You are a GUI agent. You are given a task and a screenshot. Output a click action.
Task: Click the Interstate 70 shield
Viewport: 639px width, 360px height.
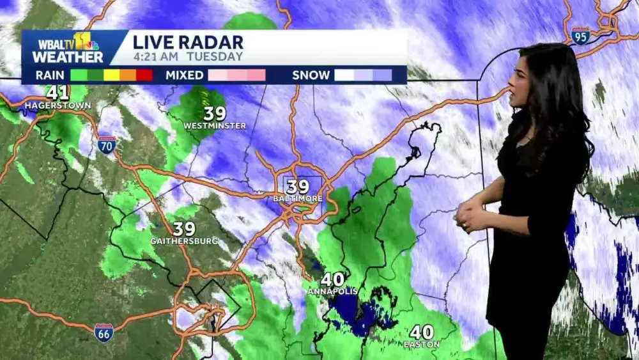click(107, 145)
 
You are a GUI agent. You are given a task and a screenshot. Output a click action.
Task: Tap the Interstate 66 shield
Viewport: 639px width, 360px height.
click(104, 333)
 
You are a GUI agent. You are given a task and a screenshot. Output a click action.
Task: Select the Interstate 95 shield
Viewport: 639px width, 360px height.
click(581, 35)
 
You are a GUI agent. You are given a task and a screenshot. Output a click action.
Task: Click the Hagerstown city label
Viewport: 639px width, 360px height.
click(58, 105)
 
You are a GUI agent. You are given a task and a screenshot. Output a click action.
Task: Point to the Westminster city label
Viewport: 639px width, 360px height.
click(215, 126)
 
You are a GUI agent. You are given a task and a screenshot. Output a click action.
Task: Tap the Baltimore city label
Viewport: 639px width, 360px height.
click(298, 199)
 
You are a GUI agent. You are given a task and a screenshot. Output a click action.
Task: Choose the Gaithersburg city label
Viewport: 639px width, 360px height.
click(184, 241)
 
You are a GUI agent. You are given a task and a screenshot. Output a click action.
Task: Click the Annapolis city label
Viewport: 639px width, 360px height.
click(332, 292)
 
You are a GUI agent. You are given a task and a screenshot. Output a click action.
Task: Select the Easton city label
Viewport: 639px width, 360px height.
click(422, 345)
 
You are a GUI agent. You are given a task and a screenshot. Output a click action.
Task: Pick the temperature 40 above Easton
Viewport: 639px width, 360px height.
click(422, 333)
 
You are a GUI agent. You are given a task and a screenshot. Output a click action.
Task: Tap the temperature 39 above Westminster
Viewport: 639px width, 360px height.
click(215, 114)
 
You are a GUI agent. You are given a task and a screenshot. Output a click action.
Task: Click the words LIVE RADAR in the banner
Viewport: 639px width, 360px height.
click(188, 42)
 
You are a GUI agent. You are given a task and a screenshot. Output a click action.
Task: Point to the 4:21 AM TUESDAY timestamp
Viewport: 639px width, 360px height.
click(188, 56)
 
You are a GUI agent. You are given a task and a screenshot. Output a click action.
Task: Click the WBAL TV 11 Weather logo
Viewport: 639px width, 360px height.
click(70, 49)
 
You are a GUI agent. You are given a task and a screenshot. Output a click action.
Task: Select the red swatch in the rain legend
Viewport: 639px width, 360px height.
click(145, 75)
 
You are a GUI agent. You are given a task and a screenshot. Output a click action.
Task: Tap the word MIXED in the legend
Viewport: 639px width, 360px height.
click(184, 75)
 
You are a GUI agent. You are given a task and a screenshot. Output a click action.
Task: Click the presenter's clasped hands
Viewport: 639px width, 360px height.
click(469, 216)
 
